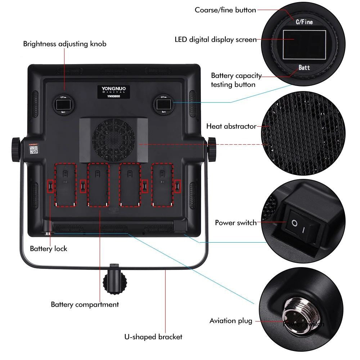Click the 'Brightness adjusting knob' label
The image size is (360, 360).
coord(65,44)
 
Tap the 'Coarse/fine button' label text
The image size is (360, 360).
coord(225,10)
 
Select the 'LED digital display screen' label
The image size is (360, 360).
coord(215,40)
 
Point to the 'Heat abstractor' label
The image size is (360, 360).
coord(231,126)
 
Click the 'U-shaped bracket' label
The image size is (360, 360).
coord(153,337)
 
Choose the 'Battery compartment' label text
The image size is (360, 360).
coord(85,305)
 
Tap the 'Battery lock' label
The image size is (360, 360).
coord(48,249)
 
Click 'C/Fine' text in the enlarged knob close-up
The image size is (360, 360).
coord(304,22)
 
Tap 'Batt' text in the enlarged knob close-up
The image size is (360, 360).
coord(304,67)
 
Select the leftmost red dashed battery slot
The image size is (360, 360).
coord(65,185)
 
